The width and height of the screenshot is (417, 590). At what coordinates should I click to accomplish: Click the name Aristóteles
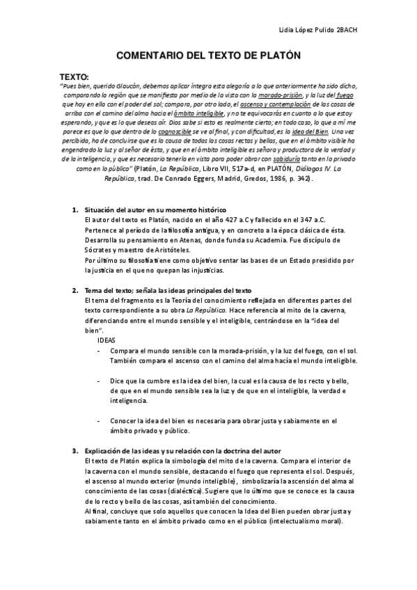pos(164,250)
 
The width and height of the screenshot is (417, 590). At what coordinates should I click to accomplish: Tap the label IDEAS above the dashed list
pos(107,341)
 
